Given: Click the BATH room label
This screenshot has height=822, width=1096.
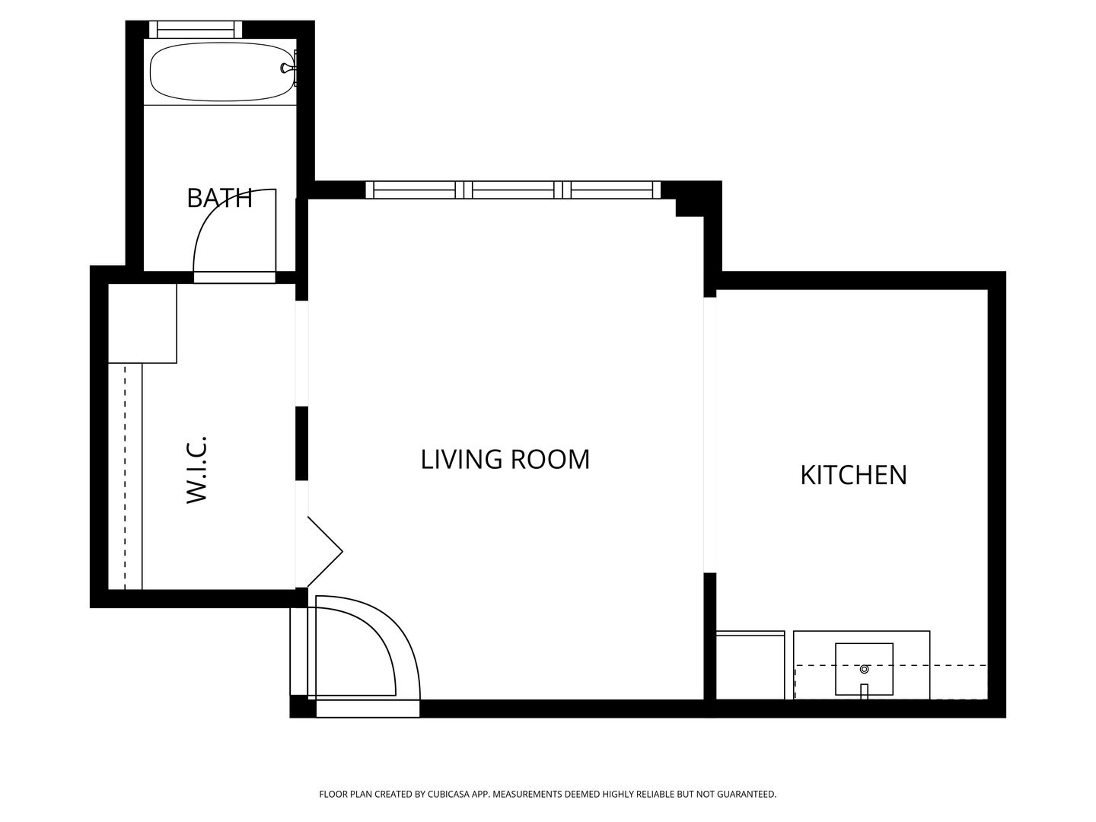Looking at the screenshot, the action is [x=219, y=198].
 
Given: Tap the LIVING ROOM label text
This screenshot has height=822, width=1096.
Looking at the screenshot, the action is [x=505, y=459].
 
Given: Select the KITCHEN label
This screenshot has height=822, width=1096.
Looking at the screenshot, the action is [x=853, y=475].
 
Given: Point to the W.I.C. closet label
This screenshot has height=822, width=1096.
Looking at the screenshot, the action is [x=196, y=470].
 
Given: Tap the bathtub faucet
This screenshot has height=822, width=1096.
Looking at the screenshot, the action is [x=288, y=68].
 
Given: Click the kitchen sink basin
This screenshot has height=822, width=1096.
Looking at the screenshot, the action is [x=864, y=669].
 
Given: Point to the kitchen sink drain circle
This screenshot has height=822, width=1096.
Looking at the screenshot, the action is [x=865, y=669].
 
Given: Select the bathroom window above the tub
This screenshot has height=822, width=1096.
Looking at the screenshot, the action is [x=196, y=29].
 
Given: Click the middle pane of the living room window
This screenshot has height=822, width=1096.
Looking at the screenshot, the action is [x=513, y=190].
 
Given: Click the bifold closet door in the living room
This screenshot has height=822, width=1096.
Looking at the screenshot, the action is [x=324, y=552].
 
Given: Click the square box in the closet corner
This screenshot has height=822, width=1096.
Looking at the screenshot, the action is [x=142, y=323].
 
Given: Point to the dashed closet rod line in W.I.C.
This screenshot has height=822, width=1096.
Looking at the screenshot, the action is [x=126, y=476].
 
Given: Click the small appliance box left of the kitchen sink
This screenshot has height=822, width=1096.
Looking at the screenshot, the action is [x=750, y=664].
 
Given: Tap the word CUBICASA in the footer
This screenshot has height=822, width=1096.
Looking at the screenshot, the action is [x=448, y=794].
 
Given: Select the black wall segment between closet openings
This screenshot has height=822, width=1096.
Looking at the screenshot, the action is [x=301, y=443].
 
